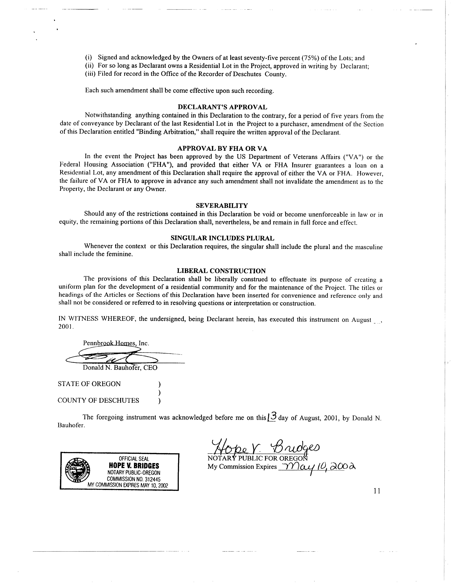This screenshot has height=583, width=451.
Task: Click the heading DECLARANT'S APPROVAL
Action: point(222,107)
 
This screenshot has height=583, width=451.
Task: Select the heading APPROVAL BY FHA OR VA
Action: point(222,148)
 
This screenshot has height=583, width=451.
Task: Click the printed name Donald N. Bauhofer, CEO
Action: point(120,368)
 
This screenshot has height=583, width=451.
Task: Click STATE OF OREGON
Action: point(89,384)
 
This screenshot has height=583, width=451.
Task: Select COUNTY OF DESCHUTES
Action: point(98,400)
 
